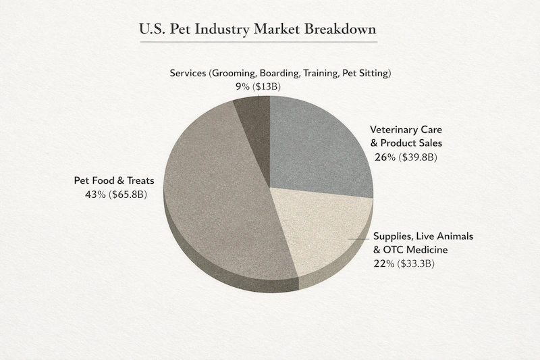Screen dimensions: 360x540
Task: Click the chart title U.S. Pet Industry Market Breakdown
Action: [x=258, y=30]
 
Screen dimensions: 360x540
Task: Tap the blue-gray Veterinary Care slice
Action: [x=317, y=142]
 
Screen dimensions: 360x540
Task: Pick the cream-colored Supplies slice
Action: [x=324, y=230]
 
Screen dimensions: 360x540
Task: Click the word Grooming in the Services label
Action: [x=235, y=72]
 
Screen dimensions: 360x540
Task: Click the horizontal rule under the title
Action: [x=259, y=43]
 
